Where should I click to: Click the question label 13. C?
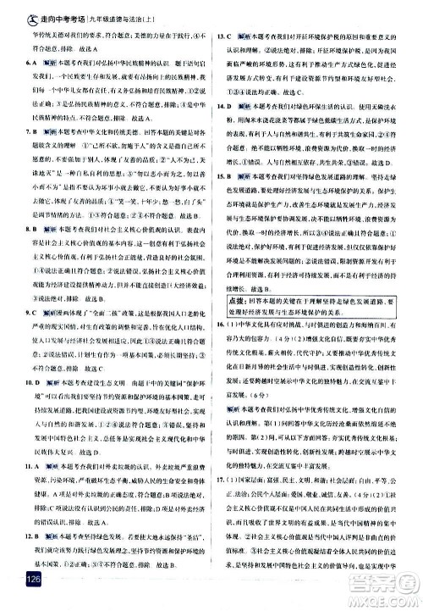(x=225, y=39)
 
